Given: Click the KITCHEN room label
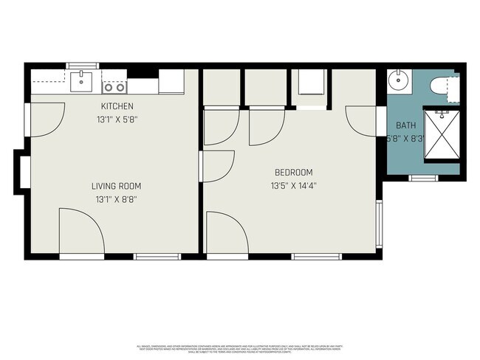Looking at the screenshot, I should pos(117,106).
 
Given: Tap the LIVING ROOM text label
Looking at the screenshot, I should pos(116,186).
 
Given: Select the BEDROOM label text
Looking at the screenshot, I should pos(291,173).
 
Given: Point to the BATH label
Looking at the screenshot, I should pos(405,125).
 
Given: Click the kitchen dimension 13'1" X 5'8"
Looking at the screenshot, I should pos(117,119).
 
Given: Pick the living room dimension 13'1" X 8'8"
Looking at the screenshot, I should pos(116,199).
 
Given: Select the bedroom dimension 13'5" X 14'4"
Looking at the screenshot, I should pos(292,186).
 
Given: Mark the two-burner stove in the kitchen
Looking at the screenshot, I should pos(113,86).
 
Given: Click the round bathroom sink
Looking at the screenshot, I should pos(400,81).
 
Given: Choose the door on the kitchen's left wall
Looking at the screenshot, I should pos(46,120).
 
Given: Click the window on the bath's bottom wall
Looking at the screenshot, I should pos(424,178).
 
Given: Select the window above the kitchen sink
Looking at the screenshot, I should pos(83,66).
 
